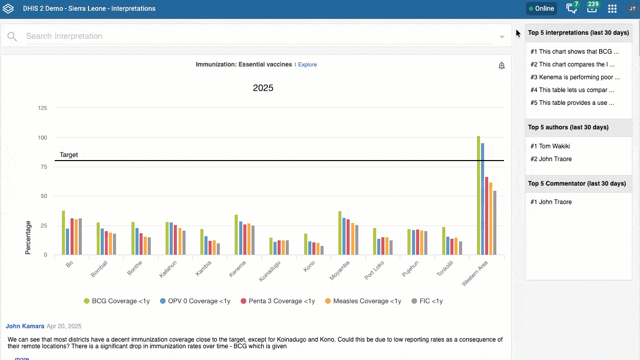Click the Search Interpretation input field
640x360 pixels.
(259, 36)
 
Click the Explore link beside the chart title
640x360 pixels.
(307, 64)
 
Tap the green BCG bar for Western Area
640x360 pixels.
(478, 195)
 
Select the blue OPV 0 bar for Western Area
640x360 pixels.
(483, 199)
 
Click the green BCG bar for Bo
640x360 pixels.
(63, 233)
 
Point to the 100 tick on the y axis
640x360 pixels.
(42, 138)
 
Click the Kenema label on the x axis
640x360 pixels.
(237, 269)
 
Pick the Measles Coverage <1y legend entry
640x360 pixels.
(363, 301)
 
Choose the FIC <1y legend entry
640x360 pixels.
(427, 301)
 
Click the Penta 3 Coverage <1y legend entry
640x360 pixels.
(278, 301)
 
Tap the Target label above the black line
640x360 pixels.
(68, 155)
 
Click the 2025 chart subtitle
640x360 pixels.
(263, 88)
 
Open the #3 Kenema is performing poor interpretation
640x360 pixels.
(575, 77)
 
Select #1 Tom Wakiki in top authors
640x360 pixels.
(550, 146)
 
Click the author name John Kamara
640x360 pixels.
(25, 326)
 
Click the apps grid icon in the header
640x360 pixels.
(612, 9)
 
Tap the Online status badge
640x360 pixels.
(541, 9)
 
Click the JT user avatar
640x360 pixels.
(632, 9)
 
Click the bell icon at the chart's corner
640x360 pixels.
(501, 66)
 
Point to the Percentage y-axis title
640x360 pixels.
(28, 237)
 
